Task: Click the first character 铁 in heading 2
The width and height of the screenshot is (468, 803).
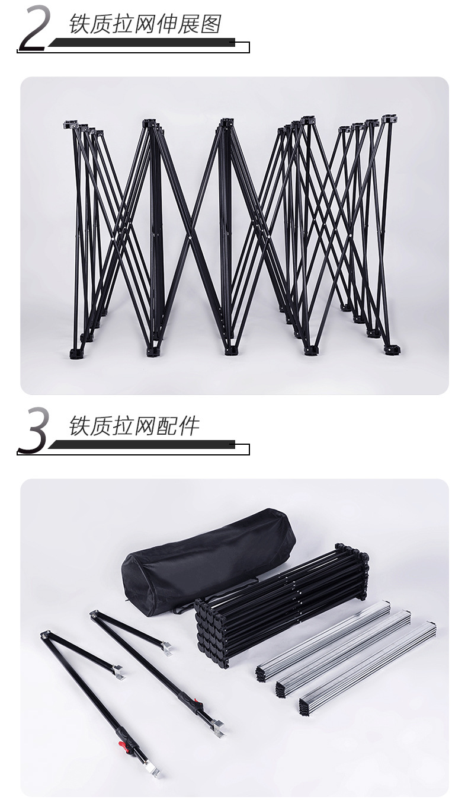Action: click(79, 24)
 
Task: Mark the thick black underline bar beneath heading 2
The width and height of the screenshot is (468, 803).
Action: click(142, 42)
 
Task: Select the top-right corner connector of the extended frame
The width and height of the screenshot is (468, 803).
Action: click(389, 119)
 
